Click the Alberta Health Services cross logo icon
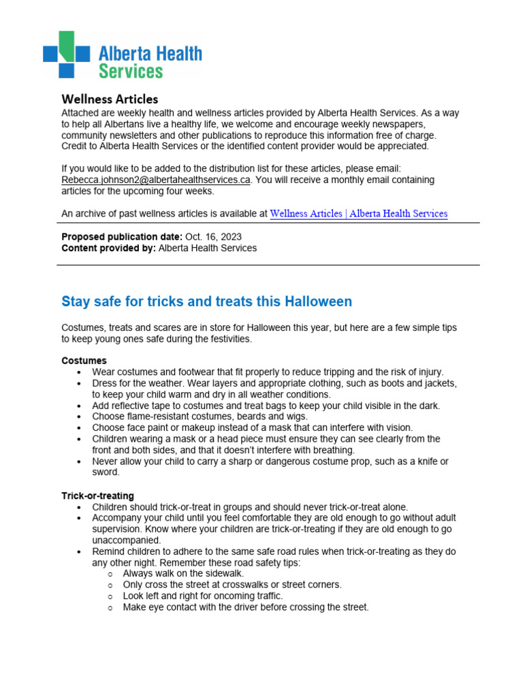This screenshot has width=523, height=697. (66, 54)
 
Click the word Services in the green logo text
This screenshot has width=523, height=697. (131, 71)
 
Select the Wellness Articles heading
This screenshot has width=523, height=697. (110, 99)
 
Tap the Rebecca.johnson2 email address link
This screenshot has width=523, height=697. (156, 180)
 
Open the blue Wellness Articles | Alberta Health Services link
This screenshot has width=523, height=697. (358, 214)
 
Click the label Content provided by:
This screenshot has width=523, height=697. (108, 248)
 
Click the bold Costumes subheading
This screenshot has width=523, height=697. (84, 361)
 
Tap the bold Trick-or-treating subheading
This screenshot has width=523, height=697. (97, 496)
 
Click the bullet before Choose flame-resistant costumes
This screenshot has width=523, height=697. (80, 417)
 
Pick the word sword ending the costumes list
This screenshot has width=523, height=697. (106, 472)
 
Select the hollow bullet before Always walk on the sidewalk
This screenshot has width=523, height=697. (110, 574)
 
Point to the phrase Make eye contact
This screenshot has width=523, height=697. (155, 607)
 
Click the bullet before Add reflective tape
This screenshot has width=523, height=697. (80, 406)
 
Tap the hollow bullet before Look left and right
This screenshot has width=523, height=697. (110, 596)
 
